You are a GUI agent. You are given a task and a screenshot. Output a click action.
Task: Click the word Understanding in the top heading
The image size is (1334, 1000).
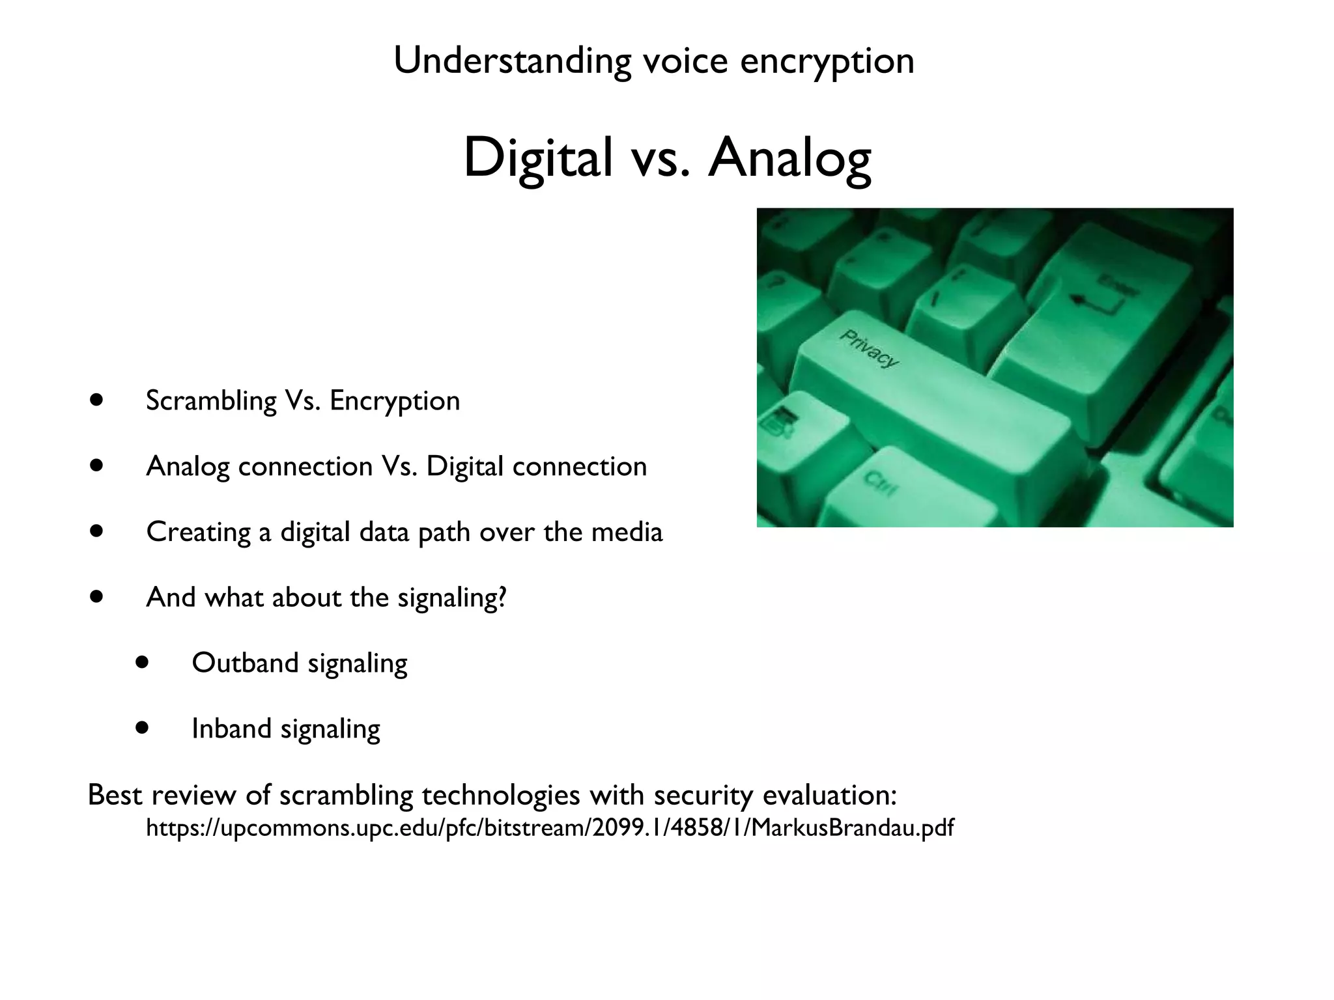(512, 61)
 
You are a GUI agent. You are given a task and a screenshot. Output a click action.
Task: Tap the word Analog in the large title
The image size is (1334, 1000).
(789, 158)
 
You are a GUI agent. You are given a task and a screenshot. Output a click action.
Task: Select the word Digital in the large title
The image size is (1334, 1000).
(538, 158)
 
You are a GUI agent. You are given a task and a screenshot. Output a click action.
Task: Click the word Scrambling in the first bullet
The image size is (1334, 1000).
(211, 400)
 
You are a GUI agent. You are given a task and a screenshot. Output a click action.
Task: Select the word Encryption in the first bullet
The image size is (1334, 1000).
(395, 400)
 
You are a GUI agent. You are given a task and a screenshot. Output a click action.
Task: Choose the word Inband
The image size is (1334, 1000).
(231, 729)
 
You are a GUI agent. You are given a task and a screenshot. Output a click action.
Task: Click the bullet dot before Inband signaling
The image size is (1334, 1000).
(143, 727)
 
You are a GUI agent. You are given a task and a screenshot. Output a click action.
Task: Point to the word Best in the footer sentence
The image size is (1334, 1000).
(115, 795)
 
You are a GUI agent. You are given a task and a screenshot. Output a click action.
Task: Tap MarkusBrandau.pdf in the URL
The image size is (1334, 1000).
(853, 828)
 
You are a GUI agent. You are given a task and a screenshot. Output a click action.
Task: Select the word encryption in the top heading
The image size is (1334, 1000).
(827, 61)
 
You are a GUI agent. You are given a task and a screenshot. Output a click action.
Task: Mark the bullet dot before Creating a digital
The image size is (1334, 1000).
(97, 531)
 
